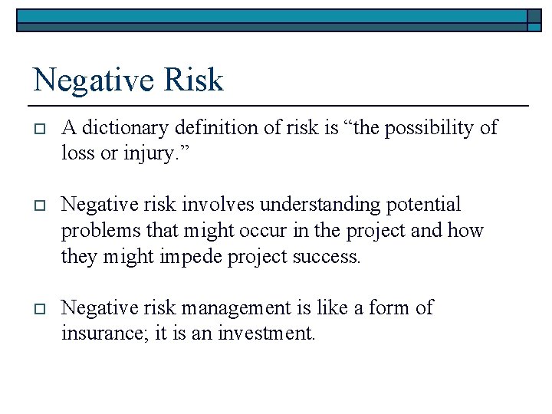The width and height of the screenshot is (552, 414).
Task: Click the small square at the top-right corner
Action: pos(534,19)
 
